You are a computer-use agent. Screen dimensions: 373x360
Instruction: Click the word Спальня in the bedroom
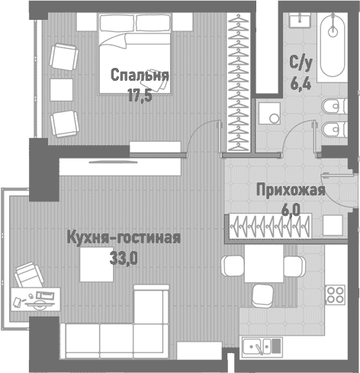(139, 76)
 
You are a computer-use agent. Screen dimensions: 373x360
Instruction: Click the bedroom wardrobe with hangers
(240, 80)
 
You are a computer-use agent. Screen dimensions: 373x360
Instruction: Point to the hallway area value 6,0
(291, 207)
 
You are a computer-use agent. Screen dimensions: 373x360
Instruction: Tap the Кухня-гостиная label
(123, 237)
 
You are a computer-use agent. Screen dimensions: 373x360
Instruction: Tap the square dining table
(260, 266)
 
